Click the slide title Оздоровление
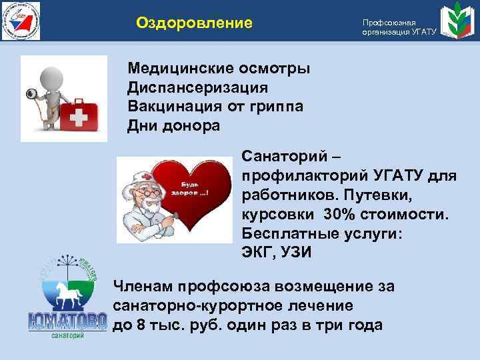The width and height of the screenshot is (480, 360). pos(194,23)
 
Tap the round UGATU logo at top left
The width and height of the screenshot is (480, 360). pos(21,21)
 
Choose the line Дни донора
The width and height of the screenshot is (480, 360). pos(173,125)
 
